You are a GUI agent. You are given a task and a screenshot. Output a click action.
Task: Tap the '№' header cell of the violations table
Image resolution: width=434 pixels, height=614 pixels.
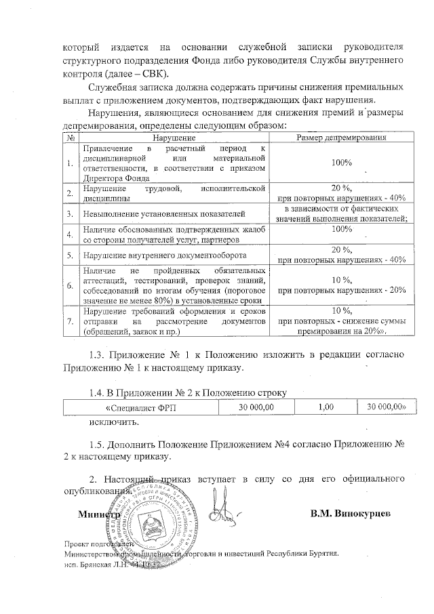[x=71, y=138]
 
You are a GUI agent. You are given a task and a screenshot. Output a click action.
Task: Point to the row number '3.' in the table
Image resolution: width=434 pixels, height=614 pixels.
[x=71, y=214]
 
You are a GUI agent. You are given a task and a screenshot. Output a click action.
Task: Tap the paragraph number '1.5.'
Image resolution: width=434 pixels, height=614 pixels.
[x=100, y=443]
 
